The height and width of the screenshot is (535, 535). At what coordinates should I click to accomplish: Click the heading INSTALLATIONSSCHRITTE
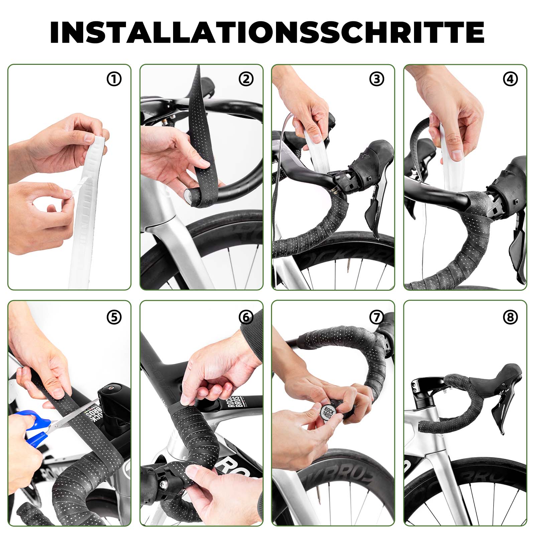tap(267, 32)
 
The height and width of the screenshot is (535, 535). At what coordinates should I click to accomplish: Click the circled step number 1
tap(114, 79)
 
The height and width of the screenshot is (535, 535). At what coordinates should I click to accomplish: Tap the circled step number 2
tap(246, 79)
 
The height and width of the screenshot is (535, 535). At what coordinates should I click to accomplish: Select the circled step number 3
tap(377, 79)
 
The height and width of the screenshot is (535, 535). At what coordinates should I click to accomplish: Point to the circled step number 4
tap(510, 79)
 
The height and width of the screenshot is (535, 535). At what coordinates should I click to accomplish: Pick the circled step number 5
tap(114, 317)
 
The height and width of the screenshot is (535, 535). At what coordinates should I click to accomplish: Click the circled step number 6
tap(246, 317)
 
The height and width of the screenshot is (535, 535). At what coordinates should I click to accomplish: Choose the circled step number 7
tap(377, 317)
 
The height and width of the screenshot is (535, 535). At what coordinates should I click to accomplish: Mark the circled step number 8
tap(510, 317)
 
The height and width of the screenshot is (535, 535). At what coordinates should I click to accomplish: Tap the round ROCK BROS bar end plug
tap(327, 412)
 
